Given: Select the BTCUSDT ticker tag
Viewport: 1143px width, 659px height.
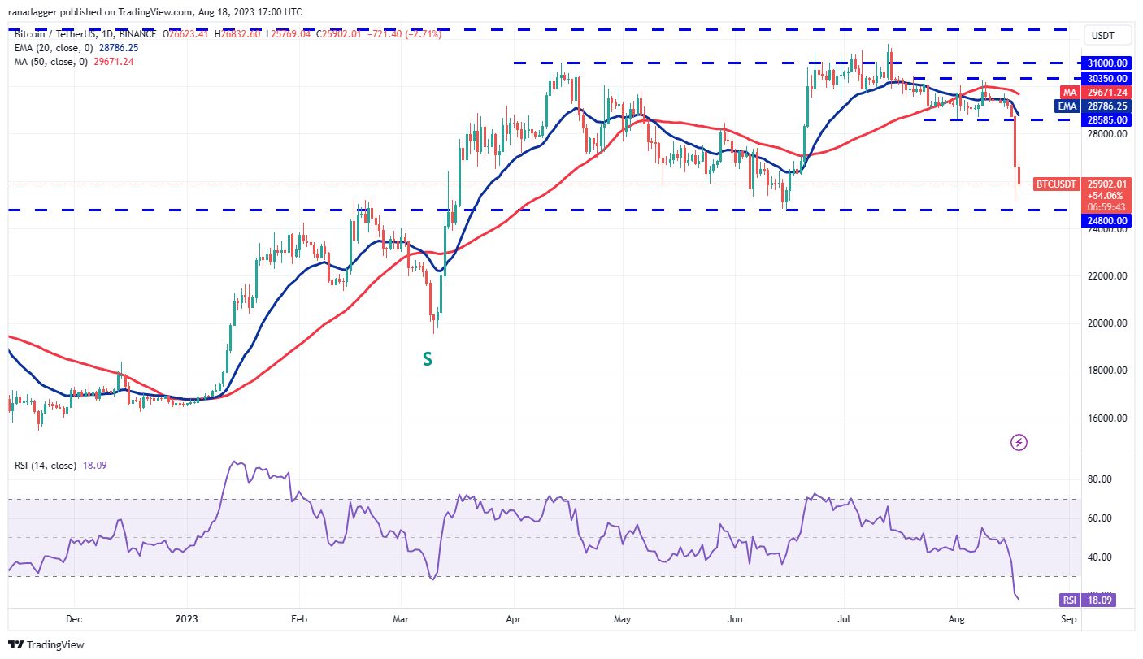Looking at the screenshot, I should coord(1056,184).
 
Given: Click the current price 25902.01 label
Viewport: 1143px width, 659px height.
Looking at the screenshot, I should coord(1107,184).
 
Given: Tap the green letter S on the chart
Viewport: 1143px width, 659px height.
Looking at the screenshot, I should coord(426,358).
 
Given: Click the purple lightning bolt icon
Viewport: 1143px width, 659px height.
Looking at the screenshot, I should coord(1019,442).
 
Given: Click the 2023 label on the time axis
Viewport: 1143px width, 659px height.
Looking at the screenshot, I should coord(186,618).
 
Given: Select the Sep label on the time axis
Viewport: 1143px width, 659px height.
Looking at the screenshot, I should coord(1069,618).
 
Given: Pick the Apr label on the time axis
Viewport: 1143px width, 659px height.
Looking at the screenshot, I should coord(513,618).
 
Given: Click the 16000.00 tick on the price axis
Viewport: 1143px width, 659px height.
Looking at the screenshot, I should coord(1107,418).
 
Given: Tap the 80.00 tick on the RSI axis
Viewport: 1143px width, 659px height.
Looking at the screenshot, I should coord(1101,479).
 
